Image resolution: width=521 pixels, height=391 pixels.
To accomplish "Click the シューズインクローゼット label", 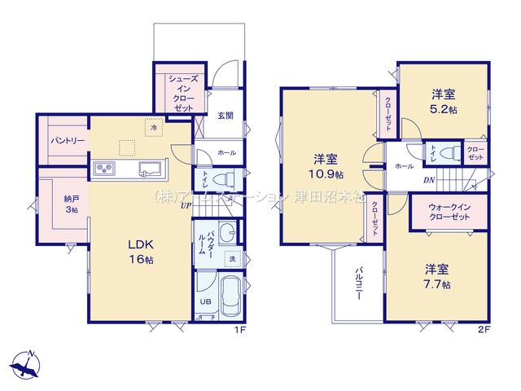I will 182,92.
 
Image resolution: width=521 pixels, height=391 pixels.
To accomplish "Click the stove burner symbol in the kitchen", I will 106,168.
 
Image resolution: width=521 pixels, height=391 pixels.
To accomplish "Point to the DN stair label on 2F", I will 427,181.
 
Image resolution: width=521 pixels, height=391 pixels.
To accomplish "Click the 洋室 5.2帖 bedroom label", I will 444,100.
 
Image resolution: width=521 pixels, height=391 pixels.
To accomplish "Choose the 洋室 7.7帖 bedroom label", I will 437,276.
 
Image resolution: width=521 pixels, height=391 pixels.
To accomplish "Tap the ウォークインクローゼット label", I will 449,213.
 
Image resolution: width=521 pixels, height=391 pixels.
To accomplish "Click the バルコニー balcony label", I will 357,284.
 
